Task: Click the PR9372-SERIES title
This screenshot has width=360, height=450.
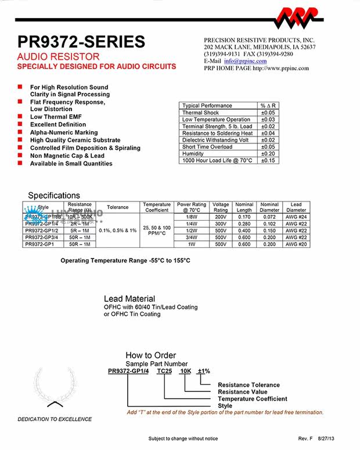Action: tap(81, 42)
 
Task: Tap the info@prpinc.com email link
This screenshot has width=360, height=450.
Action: tap(237, 61)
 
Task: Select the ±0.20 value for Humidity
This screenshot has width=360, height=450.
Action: tap(268, 154)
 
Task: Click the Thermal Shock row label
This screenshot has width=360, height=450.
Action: tap(201, 113)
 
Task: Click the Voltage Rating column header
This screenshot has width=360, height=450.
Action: tap(221, 207)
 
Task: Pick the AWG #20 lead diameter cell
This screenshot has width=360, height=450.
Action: tap(296, 244)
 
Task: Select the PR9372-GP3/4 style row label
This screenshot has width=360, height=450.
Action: tap(43, 237)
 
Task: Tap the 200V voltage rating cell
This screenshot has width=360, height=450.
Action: tap(221, 217)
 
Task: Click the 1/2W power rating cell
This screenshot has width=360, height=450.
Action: tap(192, 231)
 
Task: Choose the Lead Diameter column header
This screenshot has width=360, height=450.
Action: tap(296, 207)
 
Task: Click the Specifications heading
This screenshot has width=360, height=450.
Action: tap(54, 196)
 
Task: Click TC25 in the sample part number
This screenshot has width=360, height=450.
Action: tap(164, 371)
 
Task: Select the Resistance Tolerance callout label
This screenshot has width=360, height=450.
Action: tap(249, 385)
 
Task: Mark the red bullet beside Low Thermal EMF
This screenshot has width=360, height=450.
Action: tap(19, 117)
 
